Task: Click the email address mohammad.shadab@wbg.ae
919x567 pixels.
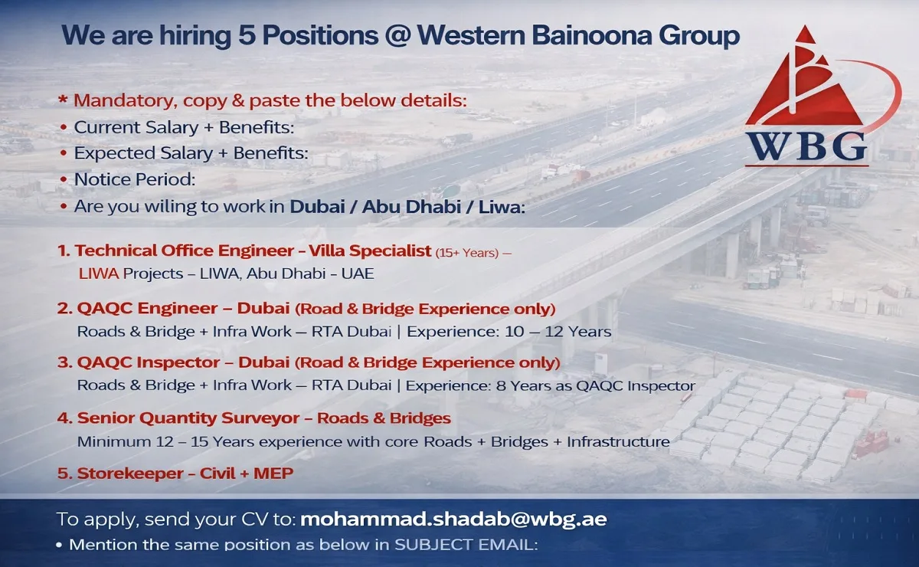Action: [x=454, y=519]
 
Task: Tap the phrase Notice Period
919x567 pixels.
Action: [x=135, y=179]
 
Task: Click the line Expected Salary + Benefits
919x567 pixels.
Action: [x=191, y=153]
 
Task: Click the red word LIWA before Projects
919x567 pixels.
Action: [x=96, y=273]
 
